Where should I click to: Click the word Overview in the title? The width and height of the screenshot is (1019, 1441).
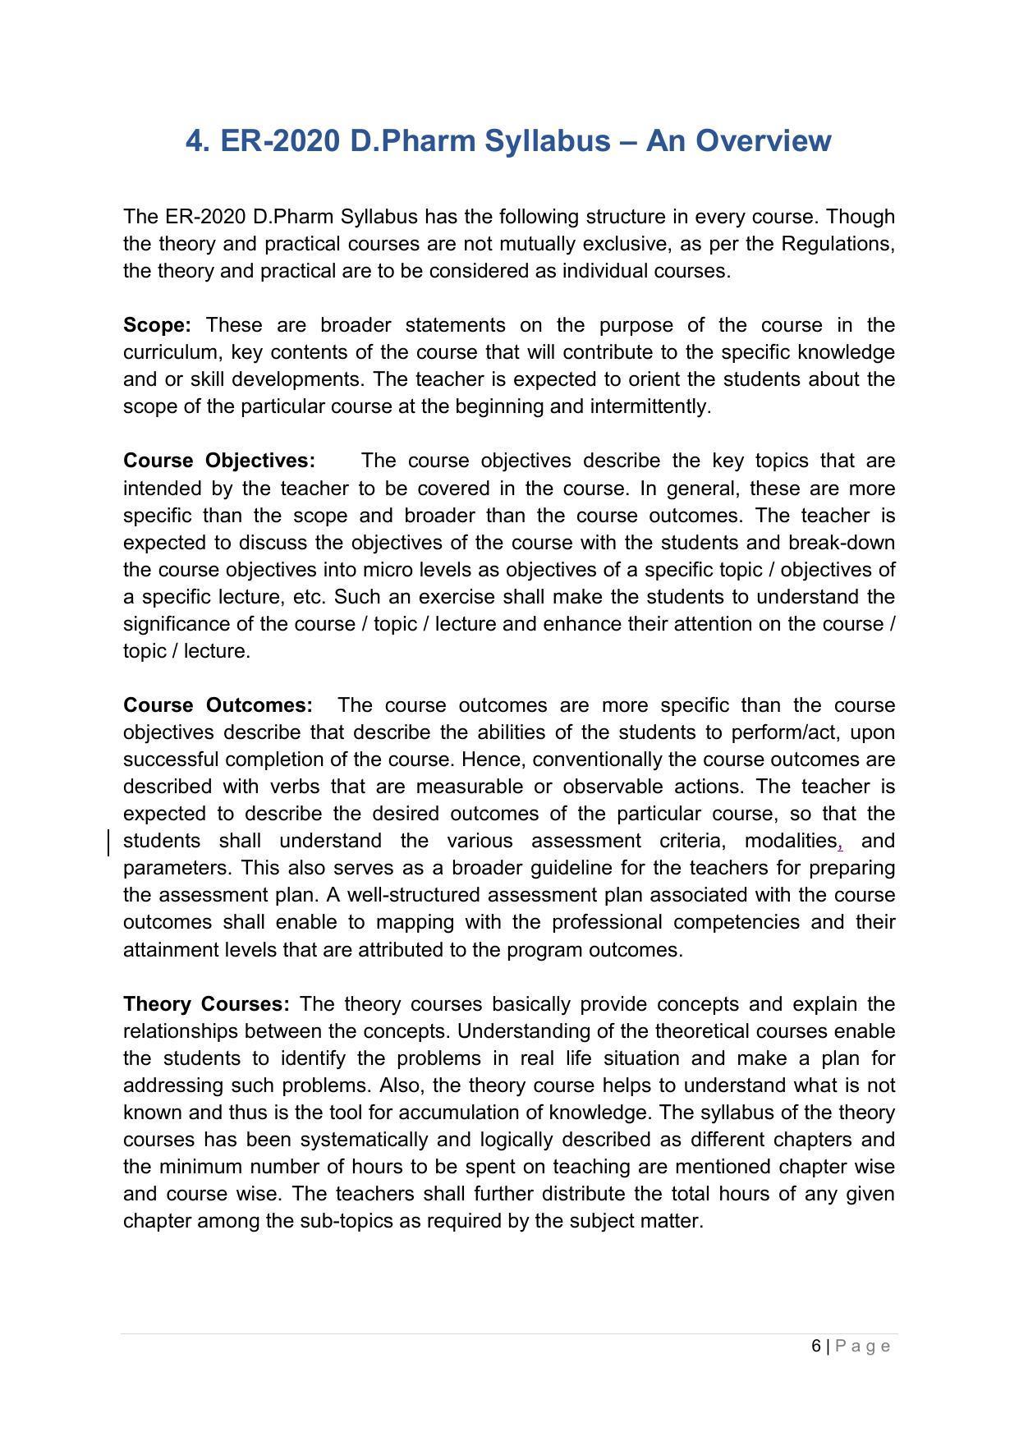click(x=764, y=141)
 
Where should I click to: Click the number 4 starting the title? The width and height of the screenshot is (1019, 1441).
click(x=194, y=141)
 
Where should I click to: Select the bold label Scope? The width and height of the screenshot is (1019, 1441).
click(x=157, y=325)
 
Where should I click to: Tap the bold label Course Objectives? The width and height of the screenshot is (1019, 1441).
click(x=219, y=461)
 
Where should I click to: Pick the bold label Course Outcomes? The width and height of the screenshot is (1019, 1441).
click(x=218, y=705)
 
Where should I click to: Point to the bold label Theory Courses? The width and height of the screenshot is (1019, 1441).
click(x=206, y=1004)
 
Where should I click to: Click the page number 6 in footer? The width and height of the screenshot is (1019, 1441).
click(x=815, y=1346)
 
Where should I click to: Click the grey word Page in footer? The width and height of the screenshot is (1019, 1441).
click(x=863, y=1346)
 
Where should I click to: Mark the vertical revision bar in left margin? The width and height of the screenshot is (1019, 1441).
click(x=108, y=842)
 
